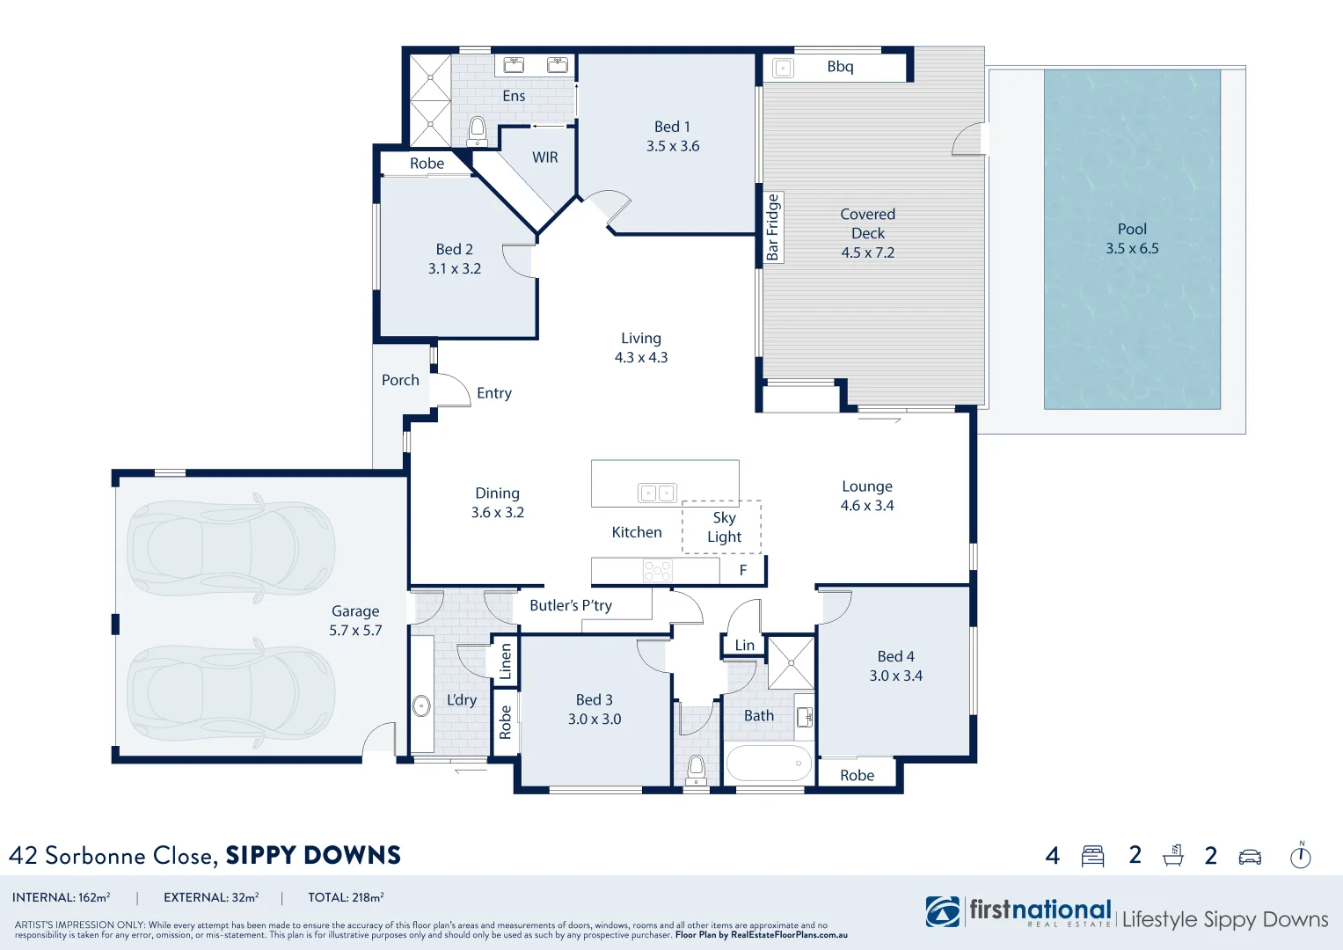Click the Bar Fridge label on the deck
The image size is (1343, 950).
coord(772,227)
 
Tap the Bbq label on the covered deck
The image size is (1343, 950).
coord(839,67)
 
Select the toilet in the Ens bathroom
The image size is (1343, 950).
coord(478,132)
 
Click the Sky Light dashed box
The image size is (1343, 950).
coord(722,527)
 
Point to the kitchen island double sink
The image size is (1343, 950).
coord(657,493)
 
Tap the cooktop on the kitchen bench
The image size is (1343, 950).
coord(657,571)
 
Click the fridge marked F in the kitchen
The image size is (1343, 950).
coord(742,570)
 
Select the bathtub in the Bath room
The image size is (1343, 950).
coord(769,764)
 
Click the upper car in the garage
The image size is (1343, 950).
coord(230,549)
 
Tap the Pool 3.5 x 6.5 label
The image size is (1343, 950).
coord(1132,238)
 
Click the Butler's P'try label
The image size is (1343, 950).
coord(571,605)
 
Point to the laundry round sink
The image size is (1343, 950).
coord(421,705)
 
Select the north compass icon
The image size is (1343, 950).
coord(1300,855)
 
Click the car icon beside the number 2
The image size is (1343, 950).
coord(1250,857)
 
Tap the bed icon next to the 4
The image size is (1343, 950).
coord(1092,856)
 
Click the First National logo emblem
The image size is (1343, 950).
coord(943,912)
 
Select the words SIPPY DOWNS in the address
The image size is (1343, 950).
coord(313,855)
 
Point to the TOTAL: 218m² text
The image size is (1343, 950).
coord(346,897)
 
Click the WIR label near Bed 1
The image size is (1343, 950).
coord(544,157)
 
